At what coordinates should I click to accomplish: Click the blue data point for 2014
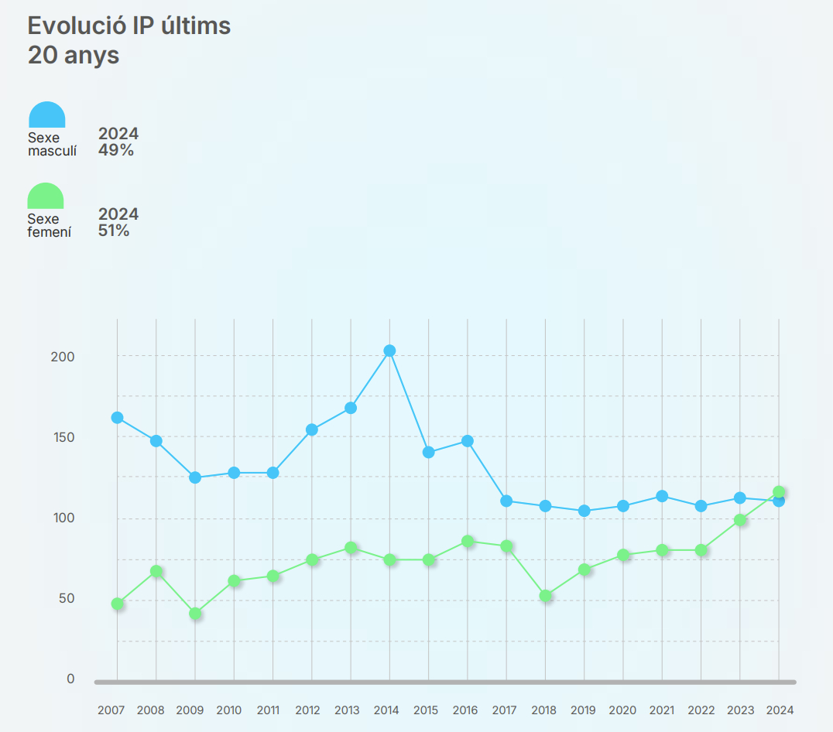coord(389,351)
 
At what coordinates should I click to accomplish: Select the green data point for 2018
coord(546,596)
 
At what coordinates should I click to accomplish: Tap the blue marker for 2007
coord(118,418)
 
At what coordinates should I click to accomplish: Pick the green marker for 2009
coord(195,614)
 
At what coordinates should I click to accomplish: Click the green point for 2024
coord(779,492)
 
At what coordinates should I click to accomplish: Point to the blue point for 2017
coord(506,501)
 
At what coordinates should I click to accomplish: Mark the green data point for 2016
coord(468,542)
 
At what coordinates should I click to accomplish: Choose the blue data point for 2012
coord(312,429)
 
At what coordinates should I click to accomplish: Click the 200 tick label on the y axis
coord(63,357)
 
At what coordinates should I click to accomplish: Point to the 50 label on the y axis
coord(67,598)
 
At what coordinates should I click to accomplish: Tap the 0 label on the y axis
coord(70,679)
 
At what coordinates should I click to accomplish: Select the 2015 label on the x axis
coord(426,710)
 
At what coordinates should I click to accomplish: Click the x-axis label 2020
coord(622,710)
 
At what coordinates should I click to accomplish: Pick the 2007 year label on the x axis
coord(111,710)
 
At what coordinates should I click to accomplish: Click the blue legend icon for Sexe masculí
coord(47,115)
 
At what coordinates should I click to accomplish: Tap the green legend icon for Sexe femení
coord(46,197)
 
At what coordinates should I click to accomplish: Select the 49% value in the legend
coord(116,150)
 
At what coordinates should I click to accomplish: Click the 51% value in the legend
coord(114,231)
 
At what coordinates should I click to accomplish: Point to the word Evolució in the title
coord(71,26)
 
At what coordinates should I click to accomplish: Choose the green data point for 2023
coord(740,520)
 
